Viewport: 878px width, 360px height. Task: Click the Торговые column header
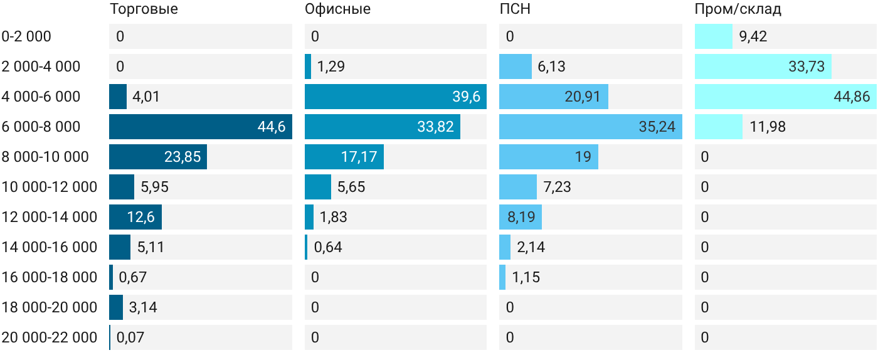coord(144,9)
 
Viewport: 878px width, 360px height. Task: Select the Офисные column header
coord(337,9)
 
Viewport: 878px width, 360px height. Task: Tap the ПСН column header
coord(515,9)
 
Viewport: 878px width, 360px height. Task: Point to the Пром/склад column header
coord(738,9)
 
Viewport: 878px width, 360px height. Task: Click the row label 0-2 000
coord(26,36)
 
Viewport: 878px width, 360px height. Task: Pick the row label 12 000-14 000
coord(50,217)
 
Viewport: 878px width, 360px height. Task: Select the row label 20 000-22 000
coord(50,337)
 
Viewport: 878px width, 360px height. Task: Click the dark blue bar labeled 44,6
coord(201,127)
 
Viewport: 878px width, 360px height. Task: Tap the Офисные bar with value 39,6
coord(396,97)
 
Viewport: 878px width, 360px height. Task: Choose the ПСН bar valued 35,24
coord(591,127)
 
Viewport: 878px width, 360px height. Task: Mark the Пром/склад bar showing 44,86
coord(785,97)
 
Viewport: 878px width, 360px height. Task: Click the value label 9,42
coord(753,36)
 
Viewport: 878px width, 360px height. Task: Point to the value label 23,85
coord(182,157)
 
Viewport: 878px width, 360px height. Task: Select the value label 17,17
coord(359,157)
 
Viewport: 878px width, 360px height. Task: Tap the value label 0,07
coord(130,337)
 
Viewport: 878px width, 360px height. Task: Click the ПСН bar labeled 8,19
coord(521,217)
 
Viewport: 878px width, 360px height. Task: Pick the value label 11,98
coord(768,127)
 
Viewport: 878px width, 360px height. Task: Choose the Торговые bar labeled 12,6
coord(135,217)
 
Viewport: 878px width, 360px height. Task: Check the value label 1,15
coord(526,277)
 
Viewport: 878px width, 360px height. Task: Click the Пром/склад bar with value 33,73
coord(763,66)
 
